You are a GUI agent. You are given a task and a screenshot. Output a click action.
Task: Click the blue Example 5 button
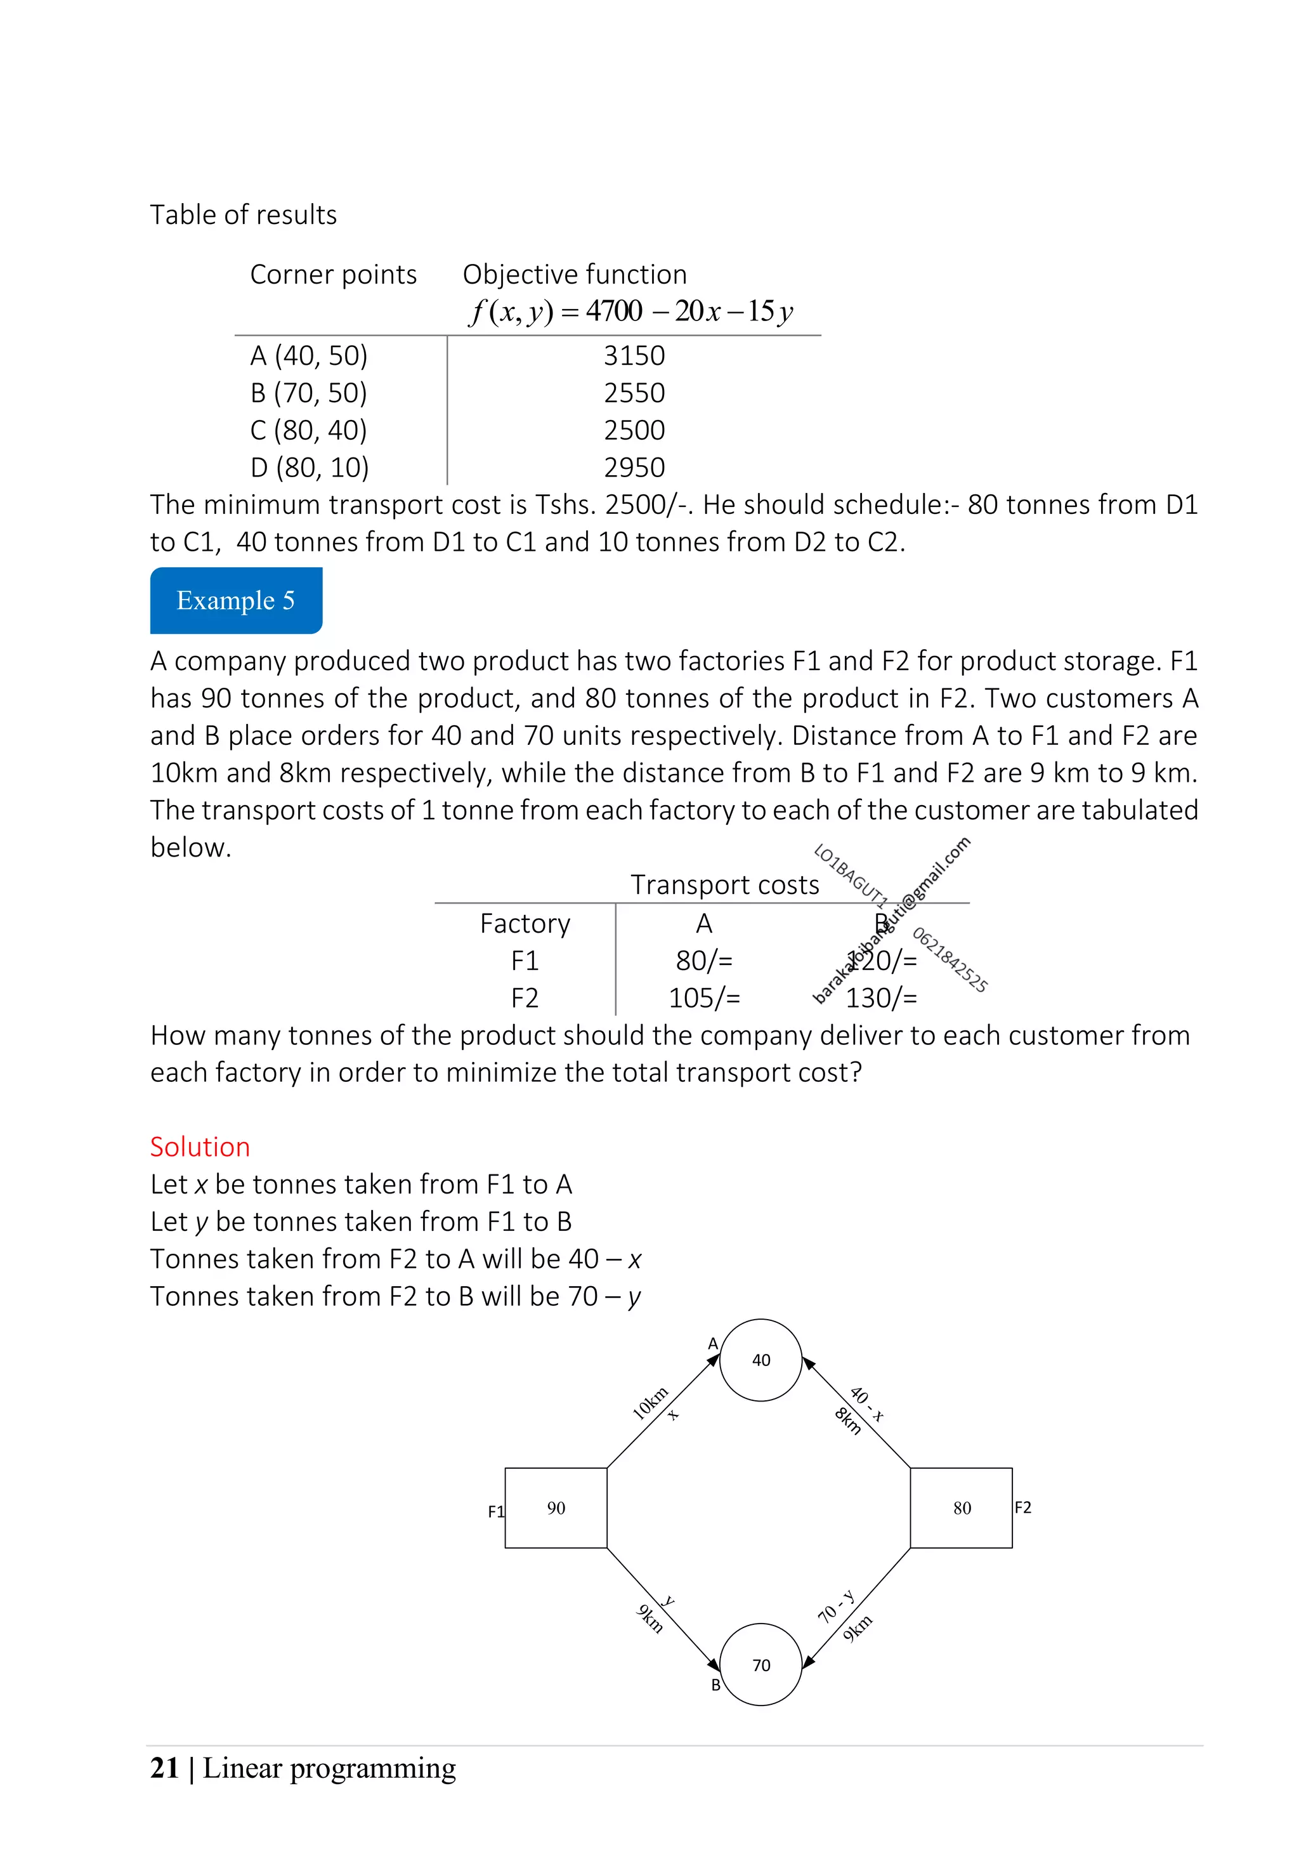(x=235, y=600)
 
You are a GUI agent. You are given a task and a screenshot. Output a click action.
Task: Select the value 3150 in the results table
(x=634, y=355)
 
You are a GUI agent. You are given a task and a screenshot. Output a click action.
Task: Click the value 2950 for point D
(x=634, y=467)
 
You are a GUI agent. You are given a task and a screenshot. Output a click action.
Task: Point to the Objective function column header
(x=574, y=275)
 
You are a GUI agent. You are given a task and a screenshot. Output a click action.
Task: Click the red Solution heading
(x=200, y=1146)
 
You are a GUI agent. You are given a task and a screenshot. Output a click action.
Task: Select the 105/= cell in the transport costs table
(x=704, y=997)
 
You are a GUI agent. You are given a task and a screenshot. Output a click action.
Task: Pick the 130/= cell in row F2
(x=882, y=997)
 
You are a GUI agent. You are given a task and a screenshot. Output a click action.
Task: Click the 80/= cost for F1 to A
(x=704, y=960)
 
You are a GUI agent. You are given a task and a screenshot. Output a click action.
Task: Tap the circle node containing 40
(x=760, y=1360)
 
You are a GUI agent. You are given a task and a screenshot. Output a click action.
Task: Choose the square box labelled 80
(x=961, y=1508)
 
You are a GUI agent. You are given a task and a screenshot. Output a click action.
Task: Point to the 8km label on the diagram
(x=847, y=1421)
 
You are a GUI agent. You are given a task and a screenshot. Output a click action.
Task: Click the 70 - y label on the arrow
(x=836, y=1606)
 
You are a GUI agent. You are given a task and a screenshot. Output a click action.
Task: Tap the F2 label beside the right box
(x=1022, y=1507)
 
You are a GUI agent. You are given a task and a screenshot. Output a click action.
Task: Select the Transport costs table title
(x=724, y=884)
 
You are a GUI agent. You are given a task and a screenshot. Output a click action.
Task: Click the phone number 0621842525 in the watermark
(x=950, y=960)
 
